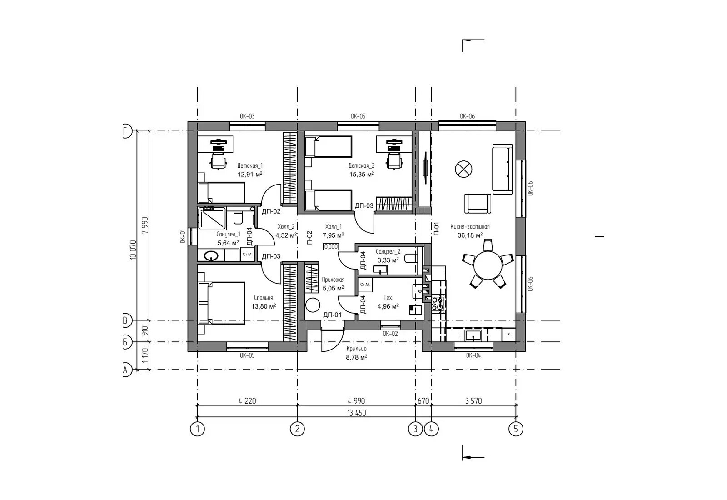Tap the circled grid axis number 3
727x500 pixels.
415,429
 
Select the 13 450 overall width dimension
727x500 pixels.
356,413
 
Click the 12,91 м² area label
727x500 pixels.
250,174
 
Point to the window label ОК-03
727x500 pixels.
247,116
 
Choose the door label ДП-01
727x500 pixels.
332,315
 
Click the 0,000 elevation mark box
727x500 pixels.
331,247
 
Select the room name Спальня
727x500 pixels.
264,298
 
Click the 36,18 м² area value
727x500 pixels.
470,235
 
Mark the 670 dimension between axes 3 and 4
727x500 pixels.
423,401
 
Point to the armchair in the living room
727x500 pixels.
478,204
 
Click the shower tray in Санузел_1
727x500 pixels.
212,218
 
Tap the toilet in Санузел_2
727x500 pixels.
411,259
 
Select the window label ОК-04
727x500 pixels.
473,355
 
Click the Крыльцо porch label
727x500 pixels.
356,349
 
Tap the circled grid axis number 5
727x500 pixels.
516,429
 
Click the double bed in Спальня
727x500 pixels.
221,303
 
